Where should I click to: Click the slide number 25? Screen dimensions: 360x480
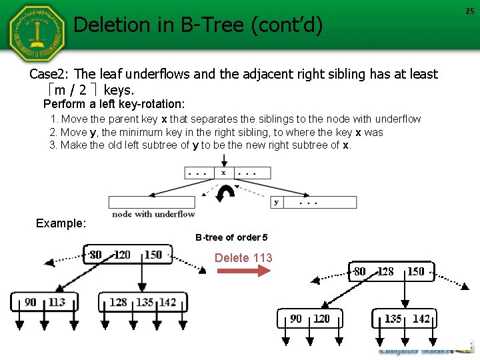(471, 11)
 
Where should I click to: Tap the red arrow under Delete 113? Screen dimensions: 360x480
(244, 271)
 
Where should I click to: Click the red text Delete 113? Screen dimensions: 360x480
(243, 257)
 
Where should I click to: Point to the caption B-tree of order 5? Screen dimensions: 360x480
(231, 237)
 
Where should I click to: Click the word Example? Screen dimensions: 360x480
(61, 223)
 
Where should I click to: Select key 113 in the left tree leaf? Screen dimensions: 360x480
(57, 302)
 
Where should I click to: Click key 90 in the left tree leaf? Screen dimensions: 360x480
(31, 302)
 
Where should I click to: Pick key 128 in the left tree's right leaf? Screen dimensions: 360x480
(118, 302)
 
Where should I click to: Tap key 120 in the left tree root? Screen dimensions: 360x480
(122, 255)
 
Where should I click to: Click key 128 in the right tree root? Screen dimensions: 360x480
(386, 271)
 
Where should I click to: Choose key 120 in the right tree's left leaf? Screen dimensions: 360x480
(321, 319)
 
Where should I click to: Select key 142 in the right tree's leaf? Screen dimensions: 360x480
(421, 319)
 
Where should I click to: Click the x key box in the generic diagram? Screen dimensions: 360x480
(223, 173)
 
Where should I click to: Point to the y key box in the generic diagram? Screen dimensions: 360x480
(276, 202)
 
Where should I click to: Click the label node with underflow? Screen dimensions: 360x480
(153, 214)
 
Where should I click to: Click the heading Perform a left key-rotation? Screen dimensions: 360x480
(114, 104)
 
